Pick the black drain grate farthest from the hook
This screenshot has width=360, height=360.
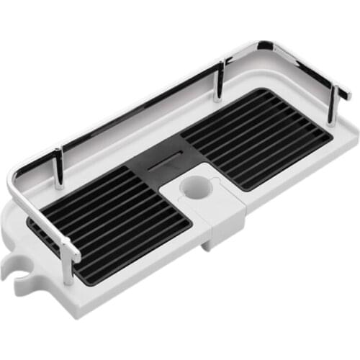[256, 137]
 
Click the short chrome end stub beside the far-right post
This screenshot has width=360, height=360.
[344, 94]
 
